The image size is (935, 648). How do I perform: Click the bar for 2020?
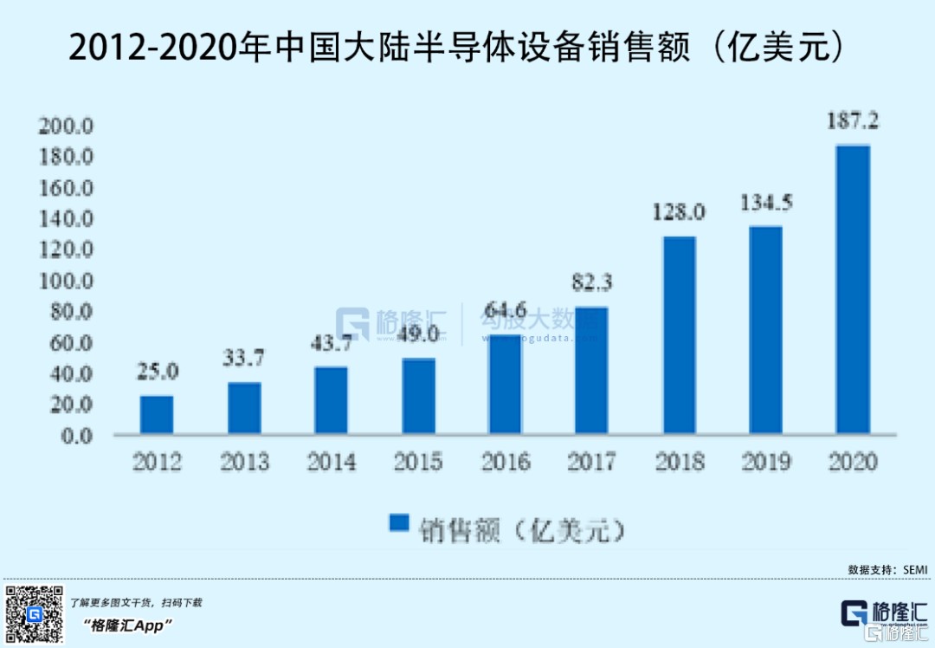coord(852,289)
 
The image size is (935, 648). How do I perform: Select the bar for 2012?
coord(157,415)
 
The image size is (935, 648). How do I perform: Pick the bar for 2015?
coord(418,396)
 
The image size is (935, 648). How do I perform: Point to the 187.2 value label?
coord(852,122)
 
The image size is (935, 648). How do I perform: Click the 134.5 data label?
coord(766,203)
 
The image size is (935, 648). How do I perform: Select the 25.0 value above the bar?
coord(157,373)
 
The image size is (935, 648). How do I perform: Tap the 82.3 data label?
coord(592,283)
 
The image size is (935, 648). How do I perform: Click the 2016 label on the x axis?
coord(505,462)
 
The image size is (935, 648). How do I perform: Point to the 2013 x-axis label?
coord(244,462)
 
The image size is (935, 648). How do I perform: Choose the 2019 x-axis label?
coord(766,462)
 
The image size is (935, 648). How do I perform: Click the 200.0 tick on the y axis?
coord(65,126)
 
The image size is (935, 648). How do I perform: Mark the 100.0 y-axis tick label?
coord(65,282)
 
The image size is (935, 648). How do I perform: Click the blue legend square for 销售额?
coord(398,522)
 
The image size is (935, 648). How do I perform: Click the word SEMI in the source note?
coord(915,569)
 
